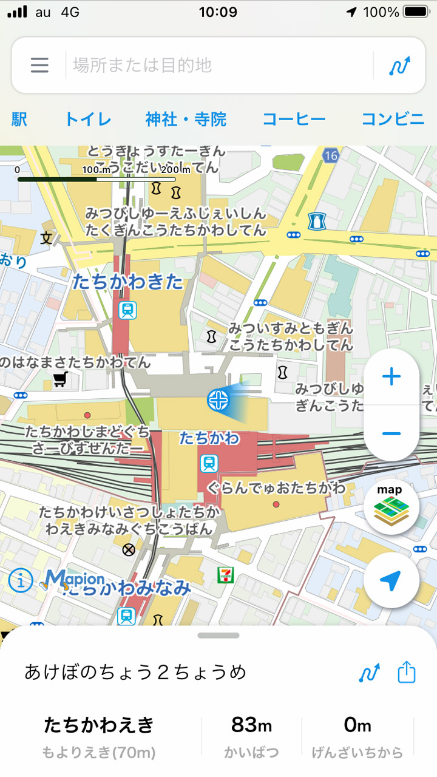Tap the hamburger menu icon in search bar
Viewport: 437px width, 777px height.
(39, 65)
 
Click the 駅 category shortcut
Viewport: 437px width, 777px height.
(19, 119)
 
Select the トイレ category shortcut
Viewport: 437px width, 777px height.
(88, 119)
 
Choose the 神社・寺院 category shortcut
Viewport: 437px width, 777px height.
(186, 119)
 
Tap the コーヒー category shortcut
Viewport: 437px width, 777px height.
(294, 119)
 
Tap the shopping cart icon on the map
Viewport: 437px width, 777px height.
(59, 380)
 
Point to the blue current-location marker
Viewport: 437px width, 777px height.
(217, 399)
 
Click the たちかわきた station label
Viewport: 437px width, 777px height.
(127, 282)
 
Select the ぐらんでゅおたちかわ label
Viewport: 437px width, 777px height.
(276, 487)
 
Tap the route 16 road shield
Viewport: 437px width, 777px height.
(330, 156)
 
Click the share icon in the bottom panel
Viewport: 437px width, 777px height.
(407, 673)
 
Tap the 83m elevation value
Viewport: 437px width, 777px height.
(251, 725)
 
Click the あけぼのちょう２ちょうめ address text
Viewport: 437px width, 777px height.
(135, 673)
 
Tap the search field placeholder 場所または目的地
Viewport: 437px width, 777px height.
(143, 65)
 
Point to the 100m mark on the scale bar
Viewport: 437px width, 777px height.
(97, 171)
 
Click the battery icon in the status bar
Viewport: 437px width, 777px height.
(416, 12)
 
